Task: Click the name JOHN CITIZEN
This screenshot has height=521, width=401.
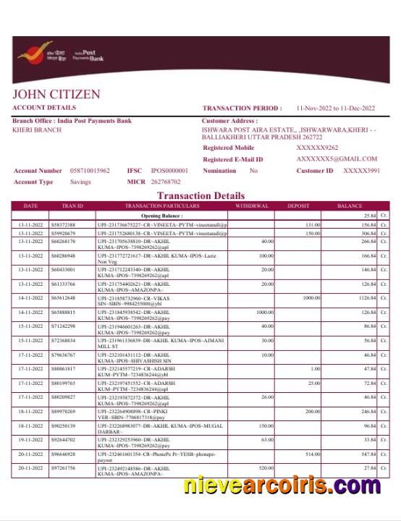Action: [x=56, y=95]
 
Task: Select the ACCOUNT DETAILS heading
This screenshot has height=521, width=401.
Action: [x=44, y=108]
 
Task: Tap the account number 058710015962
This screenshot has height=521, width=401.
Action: [x=90, y=171]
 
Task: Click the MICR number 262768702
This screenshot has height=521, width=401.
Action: [x=165, y=182]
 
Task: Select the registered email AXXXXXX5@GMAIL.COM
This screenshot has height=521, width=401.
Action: [x=337, y=159]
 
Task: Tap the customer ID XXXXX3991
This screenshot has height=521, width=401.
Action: [x=361, y=171]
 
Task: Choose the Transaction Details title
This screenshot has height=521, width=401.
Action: [x=200, y=195]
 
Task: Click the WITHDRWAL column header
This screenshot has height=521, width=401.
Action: [x=252, y=206]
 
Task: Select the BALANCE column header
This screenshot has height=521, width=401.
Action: [x=350, y=206]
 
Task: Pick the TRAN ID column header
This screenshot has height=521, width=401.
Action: [x=72, y=206]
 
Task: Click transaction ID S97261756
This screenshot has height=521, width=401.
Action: [x=64, y=468]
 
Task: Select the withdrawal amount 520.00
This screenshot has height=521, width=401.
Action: [x=266, y=468]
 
